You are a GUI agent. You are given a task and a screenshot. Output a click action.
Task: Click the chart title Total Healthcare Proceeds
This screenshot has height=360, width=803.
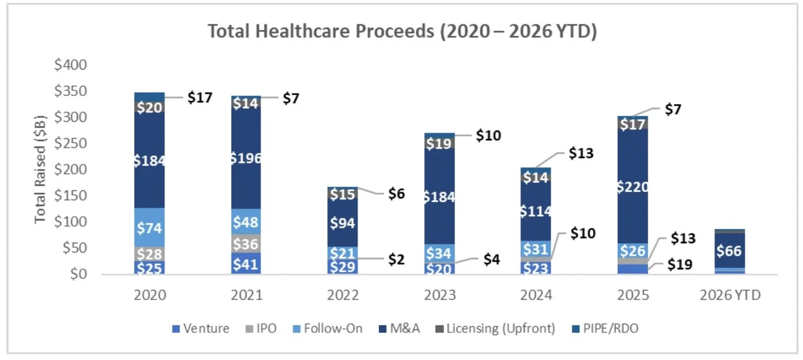tap(402, 31)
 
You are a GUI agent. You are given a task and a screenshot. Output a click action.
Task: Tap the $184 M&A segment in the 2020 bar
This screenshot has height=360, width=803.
tap(150, 160)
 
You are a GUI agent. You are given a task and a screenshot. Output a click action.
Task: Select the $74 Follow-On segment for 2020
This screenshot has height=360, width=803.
tap(150, 227)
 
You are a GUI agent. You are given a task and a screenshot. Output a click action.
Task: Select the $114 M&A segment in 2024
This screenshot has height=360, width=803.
tap(536, 211)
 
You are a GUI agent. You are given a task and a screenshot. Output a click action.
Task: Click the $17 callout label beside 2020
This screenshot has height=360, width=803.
tap(201, 98)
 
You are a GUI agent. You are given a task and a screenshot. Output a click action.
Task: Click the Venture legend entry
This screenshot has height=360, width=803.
tap(201, 329)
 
